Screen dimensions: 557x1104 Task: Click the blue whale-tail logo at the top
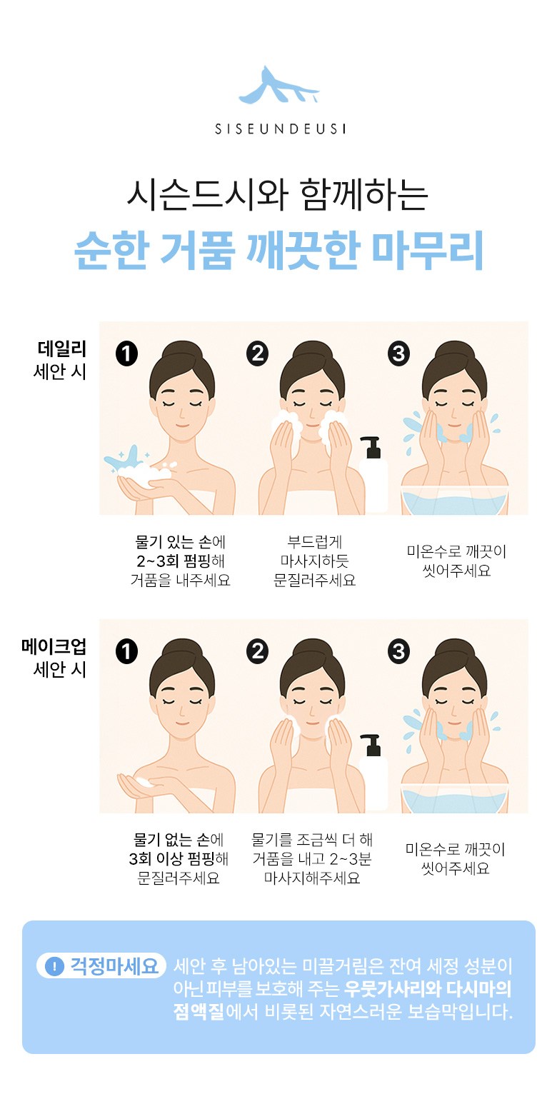coord(279,86)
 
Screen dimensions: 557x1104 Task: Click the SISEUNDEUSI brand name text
coord(280,129)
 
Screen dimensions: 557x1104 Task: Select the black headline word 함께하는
coord(363,195)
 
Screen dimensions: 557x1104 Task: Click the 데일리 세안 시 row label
coord(61,361)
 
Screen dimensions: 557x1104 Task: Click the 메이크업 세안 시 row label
coord(54,658)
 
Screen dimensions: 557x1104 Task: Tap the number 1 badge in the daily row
coord(126,354)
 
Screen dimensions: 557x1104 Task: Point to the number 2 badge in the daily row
coord(257,354)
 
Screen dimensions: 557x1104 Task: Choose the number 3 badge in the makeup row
coord(398,651)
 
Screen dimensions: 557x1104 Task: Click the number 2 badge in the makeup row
coord(257,651)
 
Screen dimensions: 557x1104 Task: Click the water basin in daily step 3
coord(454,501)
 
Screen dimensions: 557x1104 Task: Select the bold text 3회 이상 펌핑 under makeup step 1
coord(172,858)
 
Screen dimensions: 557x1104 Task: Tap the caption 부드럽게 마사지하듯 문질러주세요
coord(314,561)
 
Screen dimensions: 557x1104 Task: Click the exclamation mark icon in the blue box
coord(55,966)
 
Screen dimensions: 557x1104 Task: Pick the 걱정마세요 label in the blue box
coord(114,966)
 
